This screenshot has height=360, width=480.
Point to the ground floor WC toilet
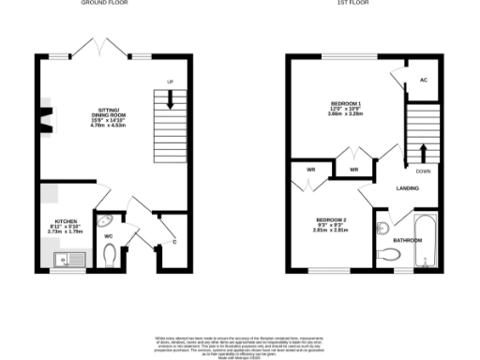click(x=112, y=255)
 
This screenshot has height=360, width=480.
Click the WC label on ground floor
click(x=109, y=235)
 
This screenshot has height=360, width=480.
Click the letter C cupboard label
click(x=175, y=242)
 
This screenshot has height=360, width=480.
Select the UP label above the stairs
click(x=170, y=82)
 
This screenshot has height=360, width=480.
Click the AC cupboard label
click(x=424, y=80)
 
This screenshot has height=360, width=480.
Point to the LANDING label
click(x=407, y=188)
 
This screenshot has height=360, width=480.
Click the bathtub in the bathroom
click(x=424, y=239)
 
